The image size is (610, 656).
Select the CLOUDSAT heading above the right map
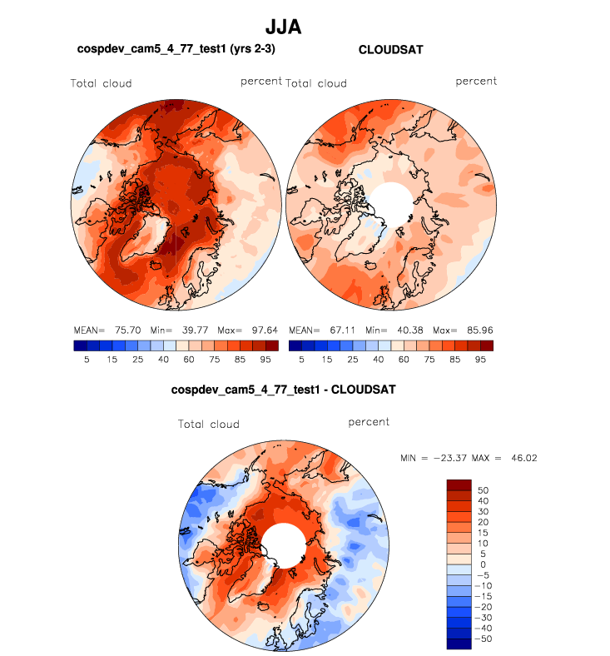[x=390, y=50]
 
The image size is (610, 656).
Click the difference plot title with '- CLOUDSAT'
[x=283, y=389]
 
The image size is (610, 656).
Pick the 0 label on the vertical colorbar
[x=482, y=564]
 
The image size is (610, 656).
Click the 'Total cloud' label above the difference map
[x=208, y=424]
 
